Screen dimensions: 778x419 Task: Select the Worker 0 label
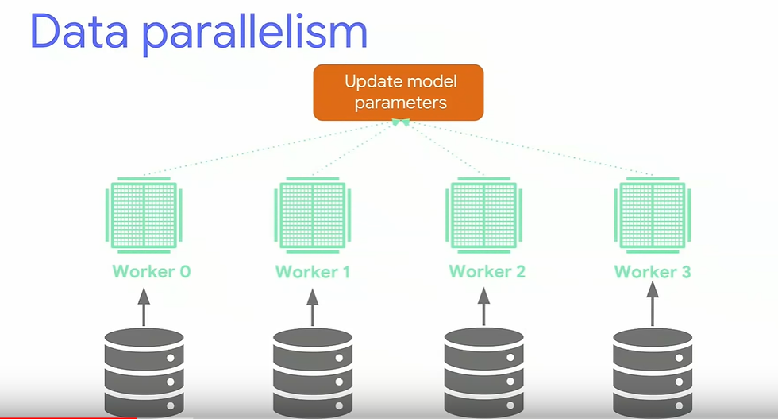point(151,271)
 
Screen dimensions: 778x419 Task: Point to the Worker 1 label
point(312,272)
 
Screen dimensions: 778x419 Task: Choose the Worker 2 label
point(487,271)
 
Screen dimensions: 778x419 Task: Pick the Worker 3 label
point(653,272)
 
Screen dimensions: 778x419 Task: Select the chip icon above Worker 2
point(485,212)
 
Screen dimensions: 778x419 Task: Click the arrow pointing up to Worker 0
point(144,306)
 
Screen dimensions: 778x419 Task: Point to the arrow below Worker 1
point(312,307)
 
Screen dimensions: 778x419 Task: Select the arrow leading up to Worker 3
point(653,306)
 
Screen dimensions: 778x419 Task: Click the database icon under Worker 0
point(144,370)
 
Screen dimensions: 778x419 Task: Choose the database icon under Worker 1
point(313,371)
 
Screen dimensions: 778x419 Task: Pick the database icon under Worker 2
point(484,370)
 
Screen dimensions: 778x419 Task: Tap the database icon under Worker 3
point(653,371)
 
